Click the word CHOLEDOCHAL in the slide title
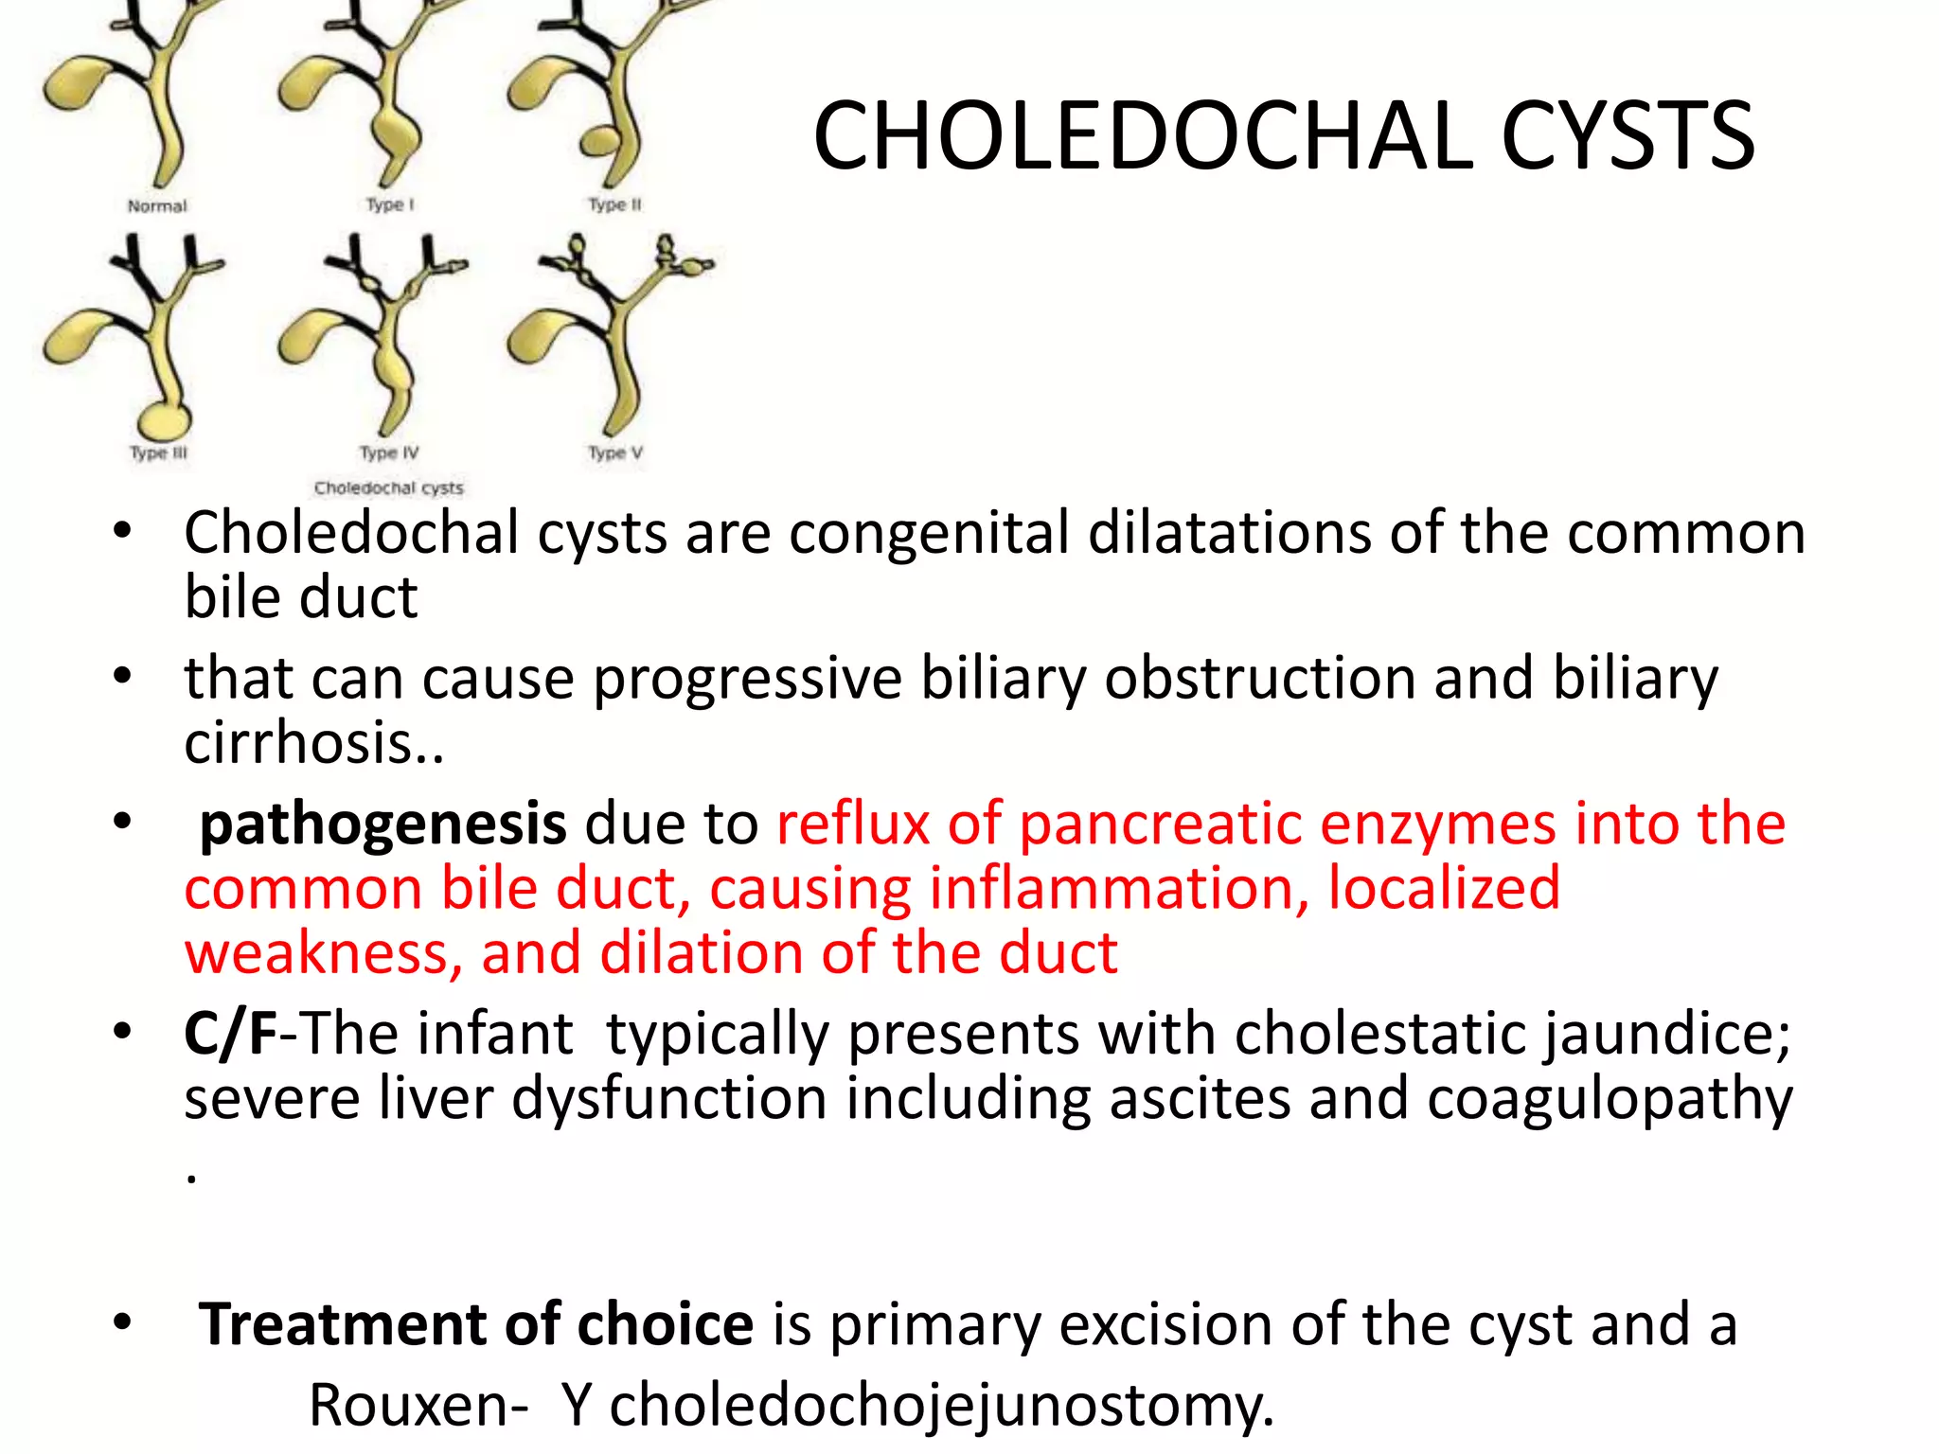(x=1147, y=137)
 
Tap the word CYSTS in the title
(x=1628, y=137)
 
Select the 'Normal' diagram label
(x=157, y=206)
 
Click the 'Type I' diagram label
(x=390, y=204)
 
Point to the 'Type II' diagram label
(x=614, y=204)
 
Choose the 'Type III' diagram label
(x=158, y=453)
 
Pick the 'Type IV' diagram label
(x=389, y=453)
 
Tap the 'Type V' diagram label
(x=615, y=453)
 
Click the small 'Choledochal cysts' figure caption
(x=389, y=488)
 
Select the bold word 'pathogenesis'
(x=382, y=824)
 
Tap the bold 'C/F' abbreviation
(x=230, y=1033)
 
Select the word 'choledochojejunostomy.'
(x=941, y=1404)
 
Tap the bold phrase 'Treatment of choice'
(x=476, y=1323)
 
